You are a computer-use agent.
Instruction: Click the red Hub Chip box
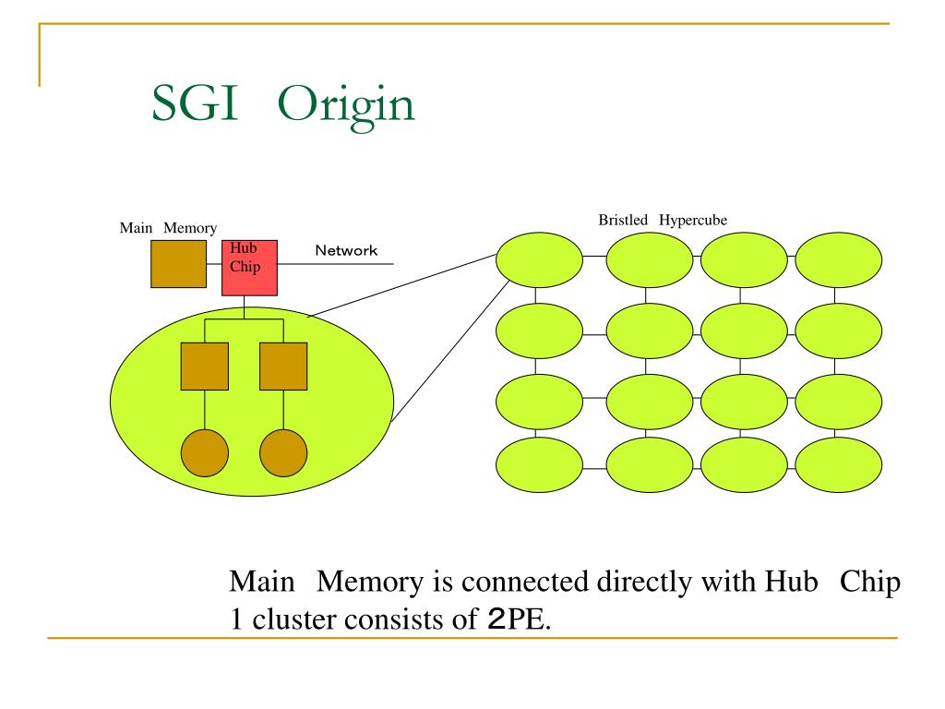(249, 268)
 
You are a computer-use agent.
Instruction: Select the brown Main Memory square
(178, 264)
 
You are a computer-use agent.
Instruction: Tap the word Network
(346, 250)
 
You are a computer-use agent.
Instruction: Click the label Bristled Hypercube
(663, 220)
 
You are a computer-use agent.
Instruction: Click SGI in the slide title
(195, 102)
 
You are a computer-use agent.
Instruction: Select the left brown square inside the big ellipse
(205, 367)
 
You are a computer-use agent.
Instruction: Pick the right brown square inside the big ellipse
(283, 367)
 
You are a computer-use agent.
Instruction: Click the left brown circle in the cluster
(205, 452)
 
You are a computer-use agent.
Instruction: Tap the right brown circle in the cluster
(283, 452)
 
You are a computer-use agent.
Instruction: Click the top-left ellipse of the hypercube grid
(539, 259)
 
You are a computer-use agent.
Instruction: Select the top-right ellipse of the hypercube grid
(838, 259)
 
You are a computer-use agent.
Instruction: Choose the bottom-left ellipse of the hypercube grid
(539, 465)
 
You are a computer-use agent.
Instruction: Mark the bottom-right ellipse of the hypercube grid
(838, 465)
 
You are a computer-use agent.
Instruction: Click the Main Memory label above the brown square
(168, 228)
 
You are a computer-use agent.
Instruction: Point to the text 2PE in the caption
(517, 619)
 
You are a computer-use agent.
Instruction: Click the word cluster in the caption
(291, 619)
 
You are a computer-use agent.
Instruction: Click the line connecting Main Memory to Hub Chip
(214, 264)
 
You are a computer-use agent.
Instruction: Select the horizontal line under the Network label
(336, 263)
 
